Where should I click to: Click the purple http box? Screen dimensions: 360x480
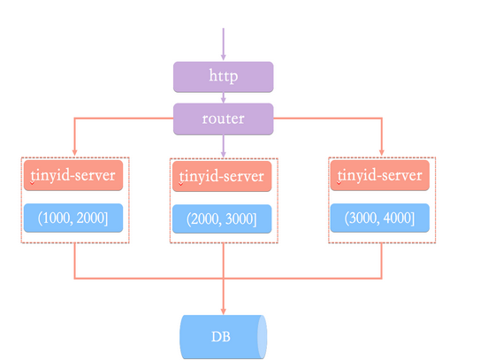pyautogui.click(x=223, y=76)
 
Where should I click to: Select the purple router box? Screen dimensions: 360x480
pyautogui.click(x=223, y=119)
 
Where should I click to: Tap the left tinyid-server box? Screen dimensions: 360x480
pyautogui.click(x=74, y=175)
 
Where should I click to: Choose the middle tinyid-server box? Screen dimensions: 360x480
pyautogui.click(x=223, y=176)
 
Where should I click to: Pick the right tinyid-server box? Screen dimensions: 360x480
pyautogui.click(x=381, y=175)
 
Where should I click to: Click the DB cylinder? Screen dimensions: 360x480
pyautogui.click(x=223, y=336)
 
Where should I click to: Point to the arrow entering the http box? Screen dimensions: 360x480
pyautogui.click(x=223, y=44)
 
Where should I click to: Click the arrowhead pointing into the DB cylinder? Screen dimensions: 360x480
pyautogui.click(x=223, y=309)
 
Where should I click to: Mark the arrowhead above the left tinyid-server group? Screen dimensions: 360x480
pyautogui.click(x=74, y=153)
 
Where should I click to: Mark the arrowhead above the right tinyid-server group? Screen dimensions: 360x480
pyautogui.click(x=381, y=153)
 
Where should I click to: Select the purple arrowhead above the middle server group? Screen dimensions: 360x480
pyautogui.click(x=223, y=153)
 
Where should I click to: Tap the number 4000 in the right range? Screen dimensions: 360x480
pyautogui.click(x=400, y=218)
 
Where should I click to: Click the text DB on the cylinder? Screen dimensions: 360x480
pyautogui.click(x=221, y=337)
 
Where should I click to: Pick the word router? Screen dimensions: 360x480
pyautogui.click(x=223, y=119)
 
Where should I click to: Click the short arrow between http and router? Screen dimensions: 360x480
pyautogui.click(x=223, y=97)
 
